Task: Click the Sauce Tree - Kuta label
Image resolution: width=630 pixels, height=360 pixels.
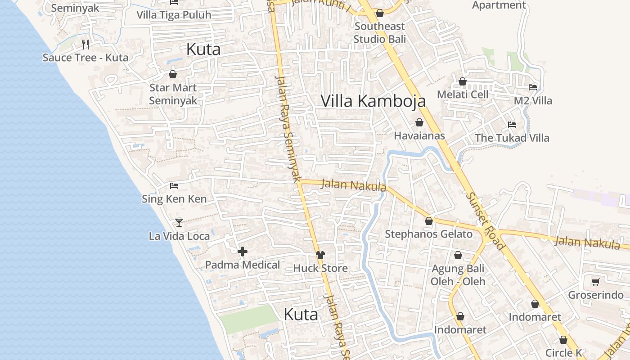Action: pos(85,58)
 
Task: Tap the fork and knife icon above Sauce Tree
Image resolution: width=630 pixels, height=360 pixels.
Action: pos(85,44)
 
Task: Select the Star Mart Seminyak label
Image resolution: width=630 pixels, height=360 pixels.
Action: pos(173,94)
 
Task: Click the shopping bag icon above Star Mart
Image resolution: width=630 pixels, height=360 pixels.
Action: pos(173,74)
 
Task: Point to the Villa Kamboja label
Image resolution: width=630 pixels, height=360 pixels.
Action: pos(373,101)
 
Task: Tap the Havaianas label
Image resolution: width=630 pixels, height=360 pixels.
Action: pos(419,135)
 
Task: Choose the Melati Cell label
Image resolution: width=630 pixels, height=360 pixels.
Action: pos(463,94)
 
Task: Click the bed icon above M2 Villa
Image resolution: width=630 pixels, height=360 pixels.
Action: pos(533,87)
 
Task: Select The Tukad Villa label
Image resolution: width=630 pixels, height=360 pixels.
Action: pos(512,138)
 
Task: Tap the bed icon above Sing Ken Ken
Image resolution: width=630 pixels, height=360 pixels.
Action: pos(174,185)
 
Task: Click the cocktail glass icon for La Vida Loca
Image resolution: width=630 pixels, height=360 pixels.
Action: pos(179,223)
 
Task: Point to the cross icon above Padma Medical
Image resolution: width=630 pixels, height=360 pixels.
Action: pos(243,252)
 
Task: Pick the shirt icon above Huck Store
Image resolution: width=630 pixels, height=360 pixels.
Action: pos(320,255)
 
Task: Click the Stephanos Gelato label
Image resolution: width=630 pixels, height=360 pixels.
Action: pos(429,234)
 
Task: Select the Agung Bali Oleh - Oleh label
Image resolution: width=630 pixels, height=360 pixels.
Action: pos(458,275)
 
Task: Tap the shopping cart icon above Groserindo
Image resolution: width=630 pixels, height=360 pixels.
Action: pos(596,282)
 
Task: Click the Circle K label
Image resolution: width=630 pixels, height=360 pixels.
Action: pos(564,353)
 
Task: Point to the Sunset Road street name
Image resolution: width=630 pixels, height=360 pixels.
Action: pos(485,221)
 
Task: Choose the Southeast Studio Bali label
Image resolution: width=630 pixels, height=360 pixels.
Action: pos(380,33)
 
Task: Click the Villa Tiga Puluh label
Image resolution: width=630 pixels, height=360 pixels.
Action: pos(174,15)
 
